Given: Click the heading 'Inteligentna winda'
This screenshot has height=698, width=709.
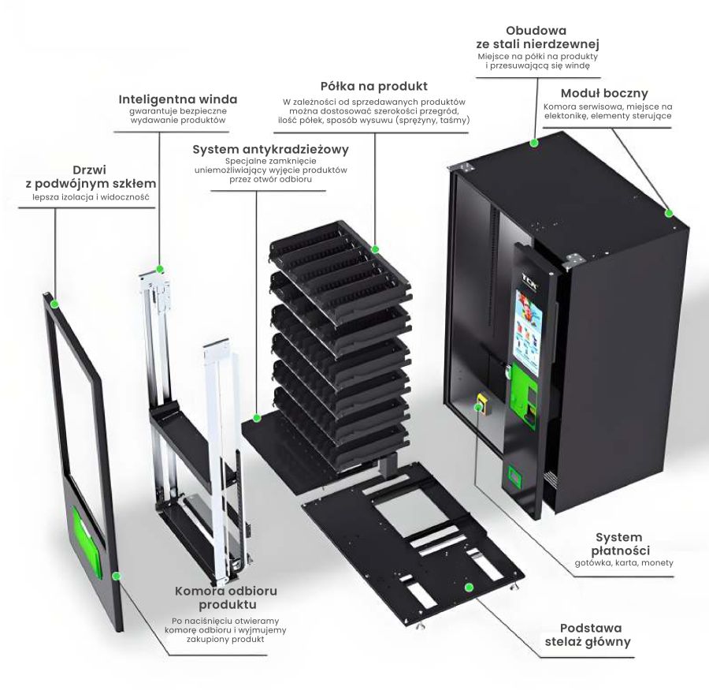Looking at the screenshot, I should click(x=177, y=99).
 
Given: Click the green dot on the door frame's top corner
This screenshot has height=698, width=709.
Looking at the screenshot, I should click(x=54, y=303).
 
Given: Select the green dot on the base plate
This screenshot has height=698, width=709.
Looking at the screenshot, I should click(x=470, y=587).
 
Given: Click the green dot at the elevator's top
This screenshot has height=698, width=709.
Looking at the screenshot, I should click(x=160, y=268).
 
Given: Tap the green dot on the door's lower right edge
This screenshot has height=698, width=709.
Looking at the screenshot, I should click(x=117, y=576).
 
